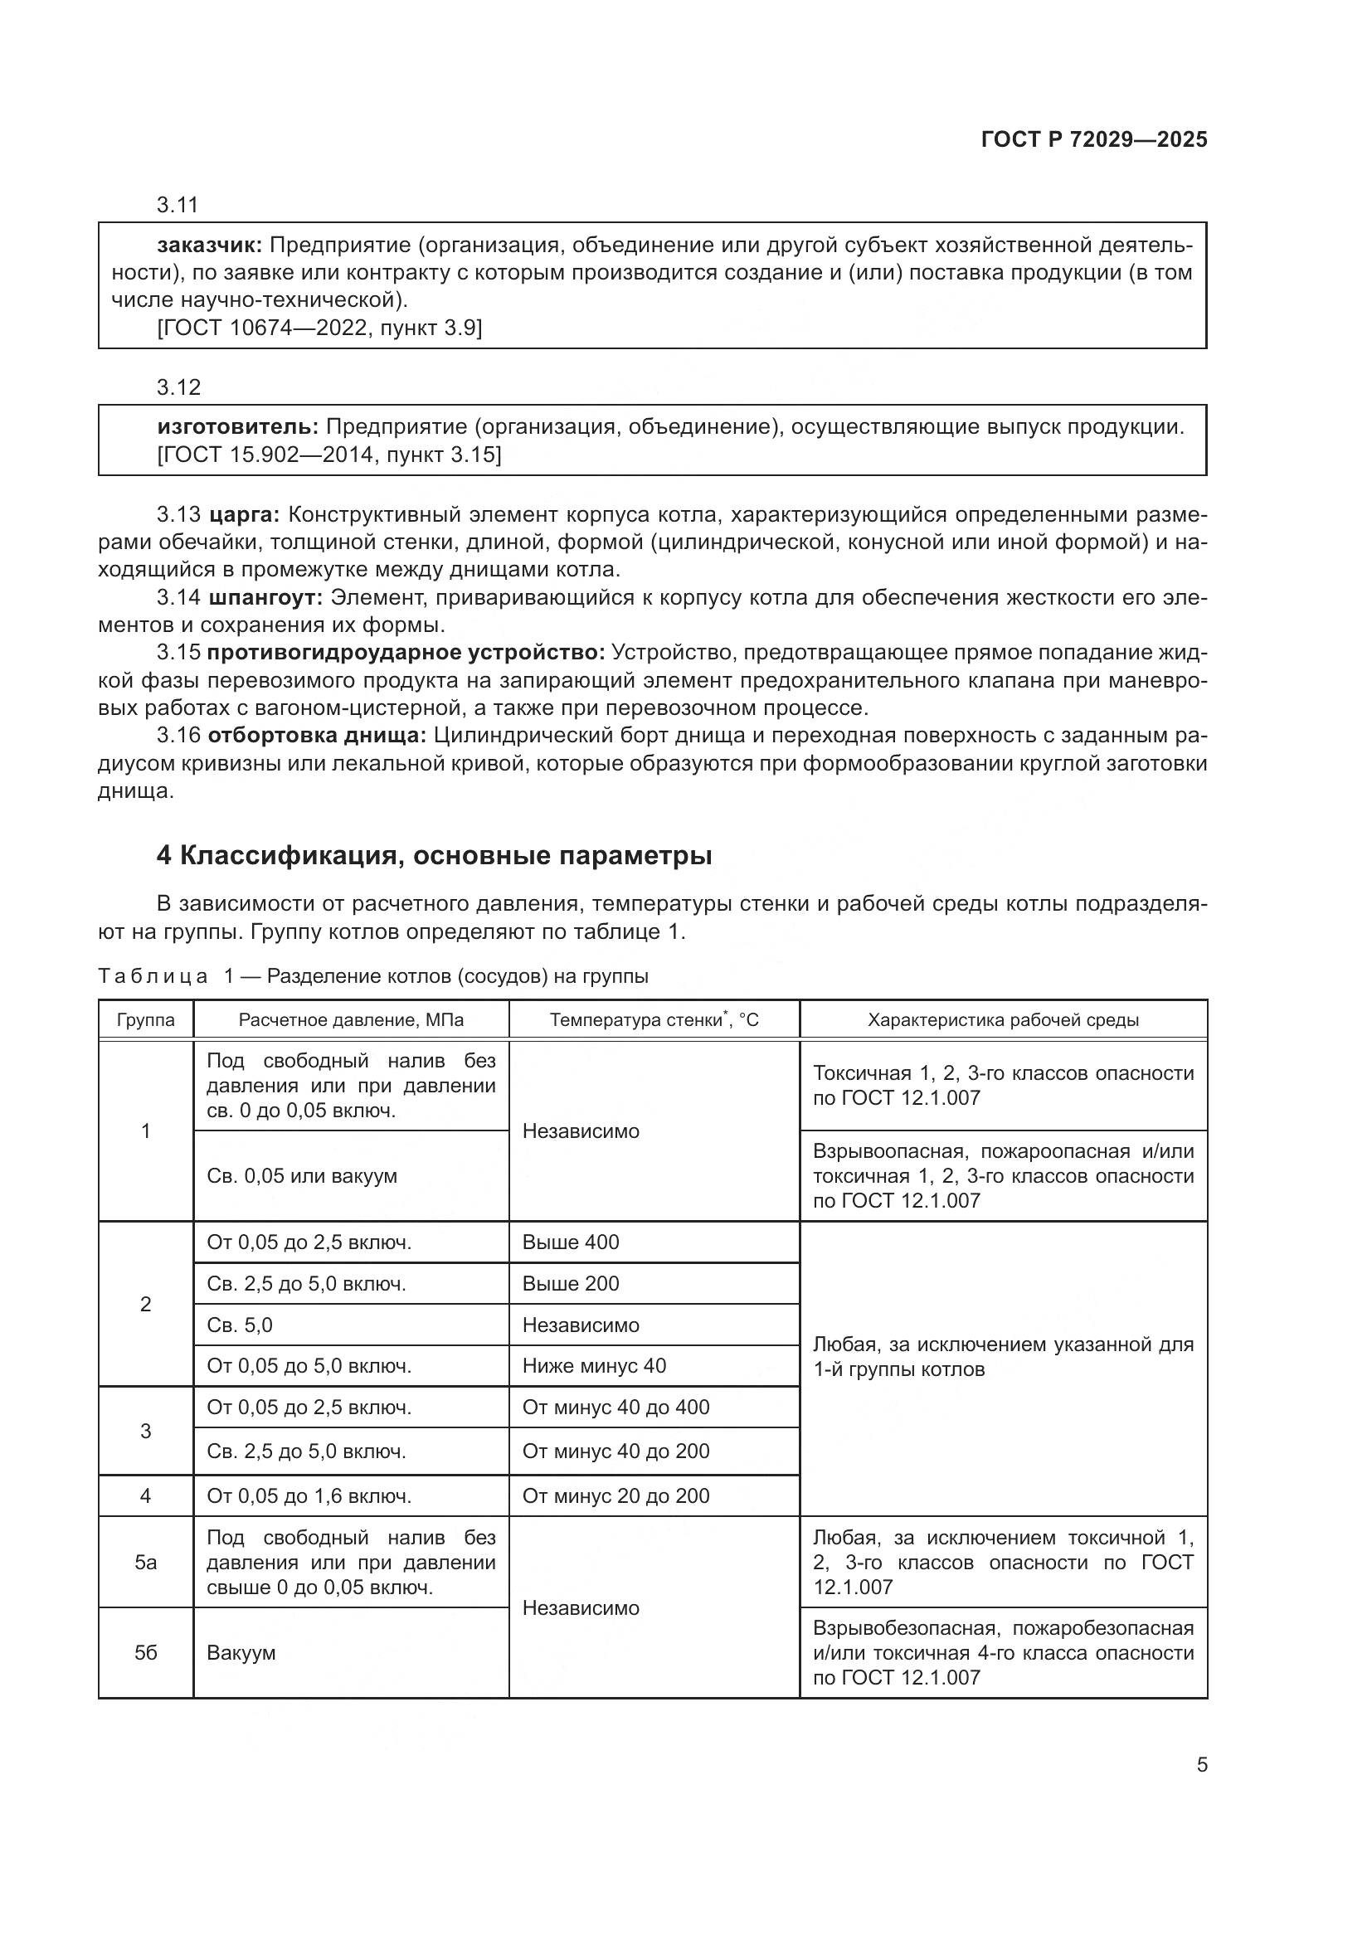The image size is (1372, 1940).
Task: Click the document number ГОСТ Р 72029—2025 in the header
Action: (x=1093, y=140)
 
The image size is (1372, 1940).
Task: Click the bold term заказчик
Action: (x=210, y=246)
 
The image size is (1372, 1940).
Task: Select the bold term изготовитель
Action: (x=237, y=426)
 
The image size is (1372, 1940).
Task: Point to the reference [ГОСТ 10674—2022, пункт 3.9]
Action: (x=319, y=328)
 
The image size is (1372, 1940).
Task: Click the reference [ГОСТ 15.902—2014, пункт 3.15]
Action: (x=328, y=455)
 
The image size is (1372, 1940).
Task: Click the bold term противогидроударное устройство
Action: (x=406, y=652)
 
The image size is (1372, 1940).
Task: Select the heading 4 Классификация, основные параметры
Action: (x=434, y=856)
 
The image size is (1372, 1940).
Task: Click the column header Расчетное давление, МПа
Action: (x=351, y=1020)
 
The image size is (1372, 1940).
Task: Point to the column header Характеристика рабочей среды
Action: (x=1003, y=1020)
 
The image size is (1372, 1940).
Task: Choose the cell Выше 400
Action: (x=570, y=1242)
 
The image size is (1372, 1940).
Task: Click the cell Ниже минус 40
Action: (x=594, y=1365)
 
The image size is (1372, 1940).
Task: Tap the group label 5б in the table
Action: (x=145, y=1653)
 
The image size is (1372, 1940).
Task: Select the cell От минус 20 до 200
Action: (x=615, y=1495)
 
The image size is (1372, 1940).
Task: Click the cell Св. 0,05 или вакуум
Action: (x=302, y=1176)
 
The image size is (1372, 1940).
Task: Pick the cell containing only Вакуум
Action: (x=241, y=1653)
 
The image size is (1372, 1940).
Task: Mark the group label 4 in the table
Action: (x=145, y=1495)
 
